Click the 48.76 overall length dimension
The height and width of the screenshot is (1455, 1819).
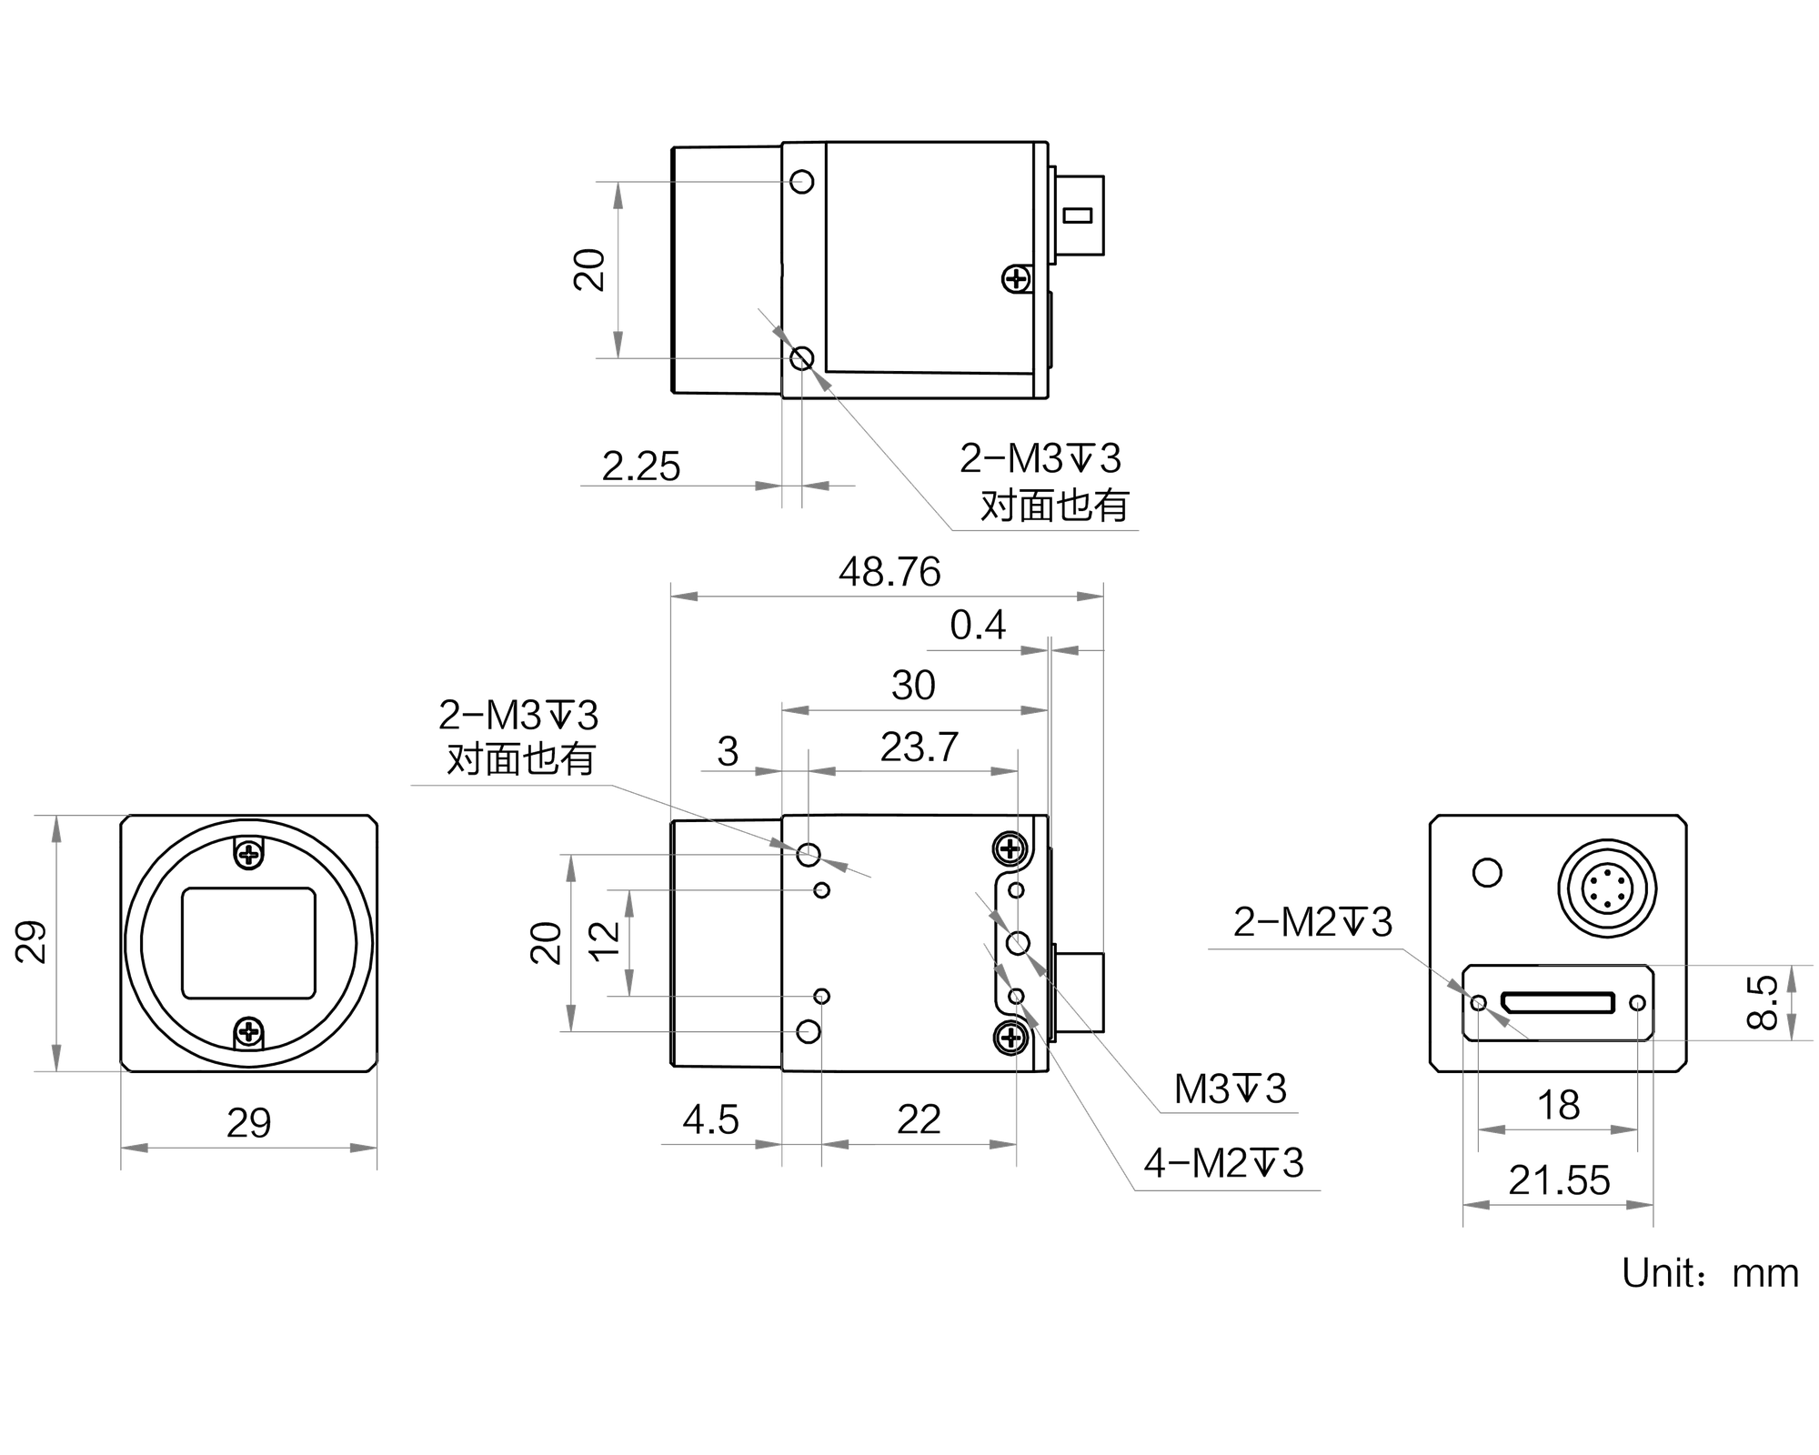pos(889,572)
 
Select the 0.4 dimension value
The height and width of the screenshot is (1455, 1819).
pos(978,626)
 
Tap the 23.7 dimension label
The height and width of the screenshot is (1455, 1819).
pos(920,748)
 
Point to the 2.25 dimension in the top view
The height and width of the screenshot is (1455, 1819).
pos(641,467)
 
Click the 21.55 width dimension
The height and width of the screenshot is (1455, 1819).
pos(1559,1180)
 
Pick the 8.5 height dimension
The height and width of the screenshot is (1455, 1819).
pos(1764,1002)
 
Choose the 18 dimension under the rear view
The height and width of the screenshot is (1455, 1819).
pos(1558,1106)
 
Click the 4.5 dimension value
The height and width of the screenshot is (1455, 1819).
pos(710,1120)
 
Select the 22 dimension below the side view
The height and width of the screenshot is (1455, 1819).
pos(919,1120)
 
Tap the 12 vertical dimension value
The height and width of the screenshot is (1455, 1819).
pos(605,941)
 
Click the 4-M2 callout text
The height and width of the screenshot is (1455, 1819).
pos(1223,1163)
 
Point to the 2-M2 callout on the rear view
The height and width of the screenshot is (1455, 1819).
pos(1312,922)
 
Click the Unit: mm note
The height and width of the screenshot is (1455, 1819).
pos(1710,1273)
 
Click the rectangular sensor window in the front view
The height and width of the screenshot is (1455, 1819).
pos(248,943)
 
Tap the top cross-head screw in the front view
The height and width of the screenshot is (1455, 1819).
pos(248,853)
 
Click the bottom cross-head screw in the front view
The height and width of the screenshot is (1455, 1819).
pos(248,1032)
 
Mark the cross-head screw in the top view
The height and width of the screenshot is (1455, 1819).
pos(1016,279)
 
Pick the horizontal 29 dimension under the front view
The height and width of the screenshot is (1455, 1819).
pos(248,1124)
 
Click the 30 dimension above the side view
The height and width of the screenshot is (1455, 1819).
pos(913,686)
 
